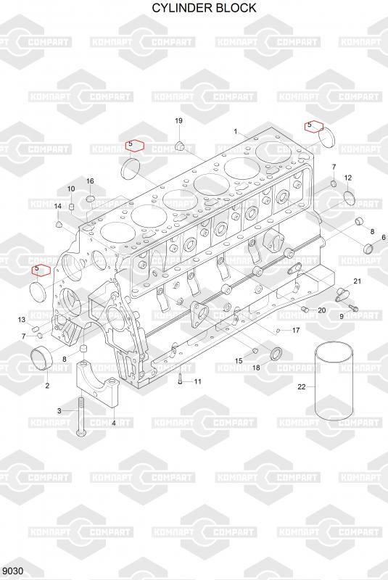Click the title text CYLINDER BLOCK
[205, 8]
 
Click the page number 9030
[13, 571]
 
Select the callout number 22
[302, 387]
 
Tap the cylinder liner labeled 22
[334, 382]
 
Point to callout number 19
[178, 120]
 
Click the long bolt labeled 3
[81, 415]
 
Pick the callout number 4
[114, 423]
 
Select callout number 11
[198, 381]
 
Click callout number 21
[357, 281]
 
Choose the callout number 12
[347, 178]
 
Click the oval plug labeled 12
[349, 198]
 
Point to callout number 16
[90, 181]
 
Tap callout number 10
[71, 188]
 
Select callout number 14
[58, 206]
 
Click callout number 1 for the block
[236, 131]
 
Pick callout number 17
[296, 330]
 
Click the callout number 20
[322, 310]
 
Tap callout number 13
[22, 320]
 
